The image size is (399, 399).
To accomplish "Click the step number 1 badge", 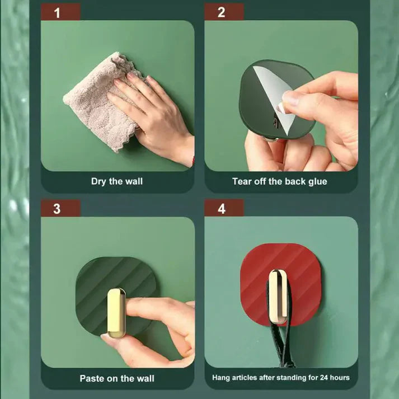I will pyautogui.click(x=57, y=12).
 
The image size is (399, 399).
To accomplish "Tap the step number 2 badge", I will pyautogui.click(x=222, y=12).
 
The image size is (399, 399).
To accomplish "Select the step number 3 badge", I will pyautogui.click(x=57, y=209).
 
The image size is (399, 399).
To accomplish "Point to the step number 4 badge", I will pyautogui.click(x=222, y=209).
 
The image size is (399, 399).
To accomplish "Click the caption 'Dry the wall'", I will pyautogui.click(x=117, y=181).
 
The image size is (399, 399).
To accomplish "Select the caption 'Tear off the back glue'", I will pyautogui.click(x=280, y=181).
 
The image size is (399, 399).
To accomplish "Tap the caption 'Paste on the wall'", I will pyautogui.click(x=117, y=378).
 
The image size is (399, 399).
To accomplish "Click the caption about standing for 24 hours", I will pyautogui.click(x=281, y=378).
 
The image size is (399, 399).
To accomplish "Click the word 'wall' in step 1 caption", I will pyautogui.click(x=133, y=181).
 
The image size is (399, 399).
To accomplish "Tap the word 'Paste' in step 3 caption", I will pyautogui.click(x=92, y=378).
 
